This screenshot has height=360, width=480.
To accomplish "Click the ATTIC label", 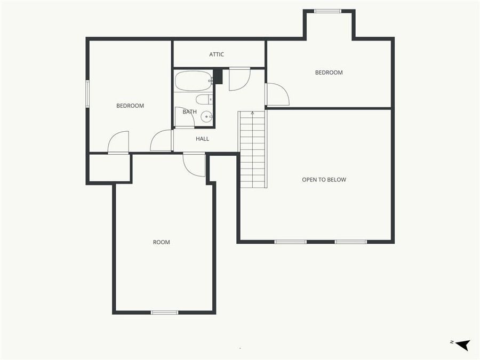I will click(x=217, y=54).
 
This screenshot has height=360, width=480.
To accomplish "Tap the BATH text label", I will click(x=189, y=112).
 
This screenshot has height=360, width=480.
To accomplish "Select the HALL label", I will click(x=203, y=139).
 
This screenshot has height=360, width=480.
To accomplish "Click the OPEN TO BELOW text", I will click(x=324, y=180).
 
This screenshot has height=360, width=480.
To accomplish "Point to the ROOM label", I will click(x=161, y=242).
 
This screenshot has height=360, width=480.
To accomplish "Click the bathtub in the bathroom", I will click(x=193, y=81).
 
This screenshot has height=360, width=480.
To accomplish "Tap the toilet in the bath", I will click(x=204, y=99).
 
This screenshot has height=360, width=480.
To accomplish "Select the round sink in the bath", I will click(x=206, y=118).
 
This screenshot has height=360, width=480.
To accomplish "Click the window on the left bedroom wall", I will click(x=88, y=94).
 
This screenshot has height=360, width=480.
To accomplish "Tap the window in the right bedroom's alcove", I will click(x=328, y=11).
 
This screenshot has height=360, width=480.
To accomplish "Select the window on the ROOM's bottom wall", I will click(x=164, y=312).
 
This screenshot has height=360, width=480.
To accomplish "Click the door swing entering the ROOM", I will click(x=195, y=164).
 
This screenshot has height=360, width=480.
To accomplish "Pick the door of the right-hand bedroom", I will click(x=276, y=95).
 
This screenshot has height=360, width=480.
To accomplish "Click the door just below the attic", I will click(x=239, y=78).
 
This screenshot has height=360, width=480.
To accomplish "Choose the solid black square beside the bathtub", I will click(x=218, y=77).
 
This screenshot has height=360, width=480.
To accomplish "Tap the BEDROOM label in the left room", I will click(x=130, y=106).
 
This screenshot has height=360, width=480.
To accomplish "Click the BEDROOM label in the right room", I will click(x=329, y=73).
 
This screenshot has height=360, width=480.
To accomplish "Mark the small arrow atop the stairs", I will click(x=252, y=113).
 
